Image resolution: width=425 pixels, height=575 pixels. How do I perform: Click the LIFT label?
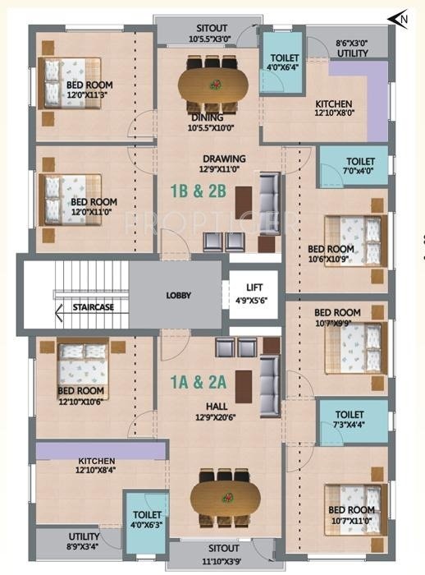click(254, 287)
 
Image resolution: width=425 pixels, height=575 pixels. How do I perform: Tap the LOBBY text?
click(178, 295)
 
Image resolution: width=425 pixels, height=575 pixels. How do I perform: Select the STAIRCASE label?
click(93, 307)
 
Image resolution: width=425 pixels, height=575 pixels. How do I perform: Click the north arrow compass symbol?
click(398, 19)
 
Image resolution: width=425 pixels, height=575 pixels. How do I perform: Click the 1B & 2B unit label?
click(199, 191)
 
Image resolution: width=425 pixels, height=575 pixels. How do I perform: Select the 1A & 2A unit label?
click(199, 382)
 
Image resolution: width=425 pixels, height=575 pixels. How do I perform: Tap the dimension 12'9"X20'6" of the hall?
click(216, 417)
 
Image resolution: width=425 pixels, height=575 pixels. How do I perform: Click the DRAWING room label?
click(224, 159)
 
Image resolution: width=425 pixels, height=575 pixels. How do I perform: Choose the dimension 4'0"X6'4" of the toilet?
click(283, 67)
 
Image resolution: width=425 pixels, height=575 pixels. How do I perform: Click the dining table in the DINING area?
click(212, 85)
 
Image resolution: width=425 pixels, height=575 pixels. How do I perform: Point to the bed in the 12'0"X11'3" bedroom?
click(69, 83)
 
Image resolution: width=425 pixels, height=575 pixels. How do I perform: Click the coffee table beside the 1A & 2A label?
click(244, 387)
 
